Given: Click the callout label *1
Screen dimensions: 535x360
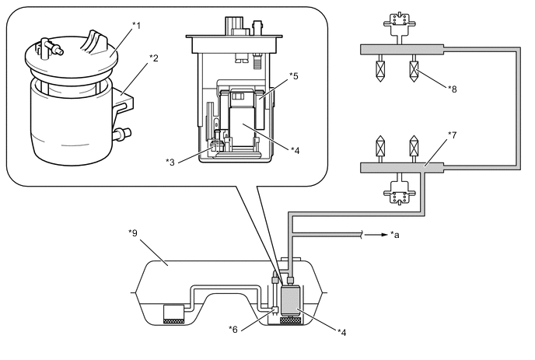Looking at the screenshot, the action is pyautogui.click(x=137, y=26).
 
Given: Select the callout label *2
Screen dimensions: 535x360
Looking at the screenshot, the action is pyautogui.click(x=154, y=58).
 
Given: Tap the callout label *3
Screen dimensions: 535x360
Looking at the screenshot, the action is pyautogui.click(x=170, y=163).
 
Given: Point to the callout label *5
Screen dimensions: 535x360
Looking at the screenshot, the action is pyautogui.click(x=294, y=76).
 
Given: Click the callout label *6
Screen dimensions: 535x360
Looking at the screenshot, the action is pyautogui.click(x=233, y=330).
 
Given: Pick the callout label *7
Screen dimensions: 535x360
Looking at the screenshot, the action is pyautogui.click(x=452, y=135).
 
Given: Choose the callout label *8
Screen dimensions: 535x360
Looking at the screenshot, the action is pyautogui.click(x=453, y=89).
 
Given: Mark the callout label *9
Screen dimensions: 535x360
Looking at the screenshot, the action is pyautogui.click(x=133, y=233).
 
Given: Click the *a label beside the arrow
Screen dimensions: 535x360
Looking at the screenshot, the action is pyautogui.click(x=395, y=235).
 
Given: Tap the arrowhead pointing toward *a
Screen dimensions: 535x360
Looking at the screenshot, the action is pyautogui.click(x=385, y=234).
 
